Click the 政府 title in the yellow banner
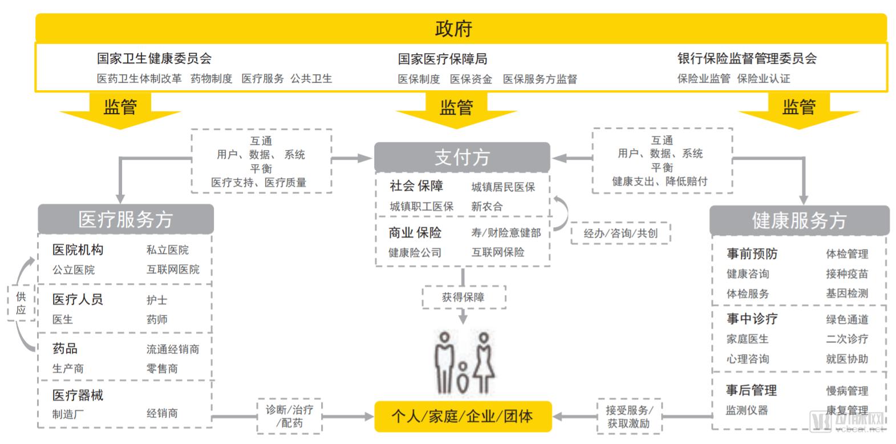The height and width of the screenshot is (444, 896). (453, 29)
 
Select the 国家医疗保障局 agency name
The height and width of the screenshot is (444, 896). (442, 59)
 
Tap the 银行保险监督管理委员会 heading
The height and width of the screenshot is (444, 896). (747, 58)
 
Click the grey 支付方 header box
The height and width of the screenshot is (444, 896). (462, 157)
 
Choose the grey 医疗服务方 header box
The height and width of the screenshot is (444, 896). (125, 219)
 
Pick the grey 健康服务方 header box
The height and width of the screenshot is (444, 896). (798, 220)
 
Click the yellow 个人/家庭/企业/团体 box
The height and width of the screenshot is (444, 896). (462, 416)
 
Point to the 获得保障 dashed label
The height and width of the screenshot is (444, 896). (463, 297)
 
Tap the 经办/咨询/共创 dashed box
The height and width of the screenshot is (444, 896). (621, 233)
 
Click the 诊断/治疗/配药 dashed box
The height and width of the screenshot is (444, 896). (289, 416)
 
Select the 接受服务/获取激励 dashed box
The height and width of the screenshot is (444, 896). (629, 417)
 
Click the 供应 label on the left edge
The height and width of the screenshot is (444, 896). (21, 303)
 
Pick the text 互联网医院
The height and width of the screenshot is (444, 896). (173, 269)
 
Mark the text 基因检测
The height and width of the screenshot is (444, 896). (847, 293)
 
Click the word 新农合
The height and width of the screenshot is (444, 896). (486, 207)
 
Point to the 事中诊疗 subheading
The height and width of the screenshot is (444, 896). (752, 319)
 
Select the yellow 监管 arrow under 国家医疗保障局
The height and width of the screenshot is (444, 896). (456, 108)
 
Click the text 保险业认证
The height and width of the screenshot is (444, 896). (763, 79)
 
